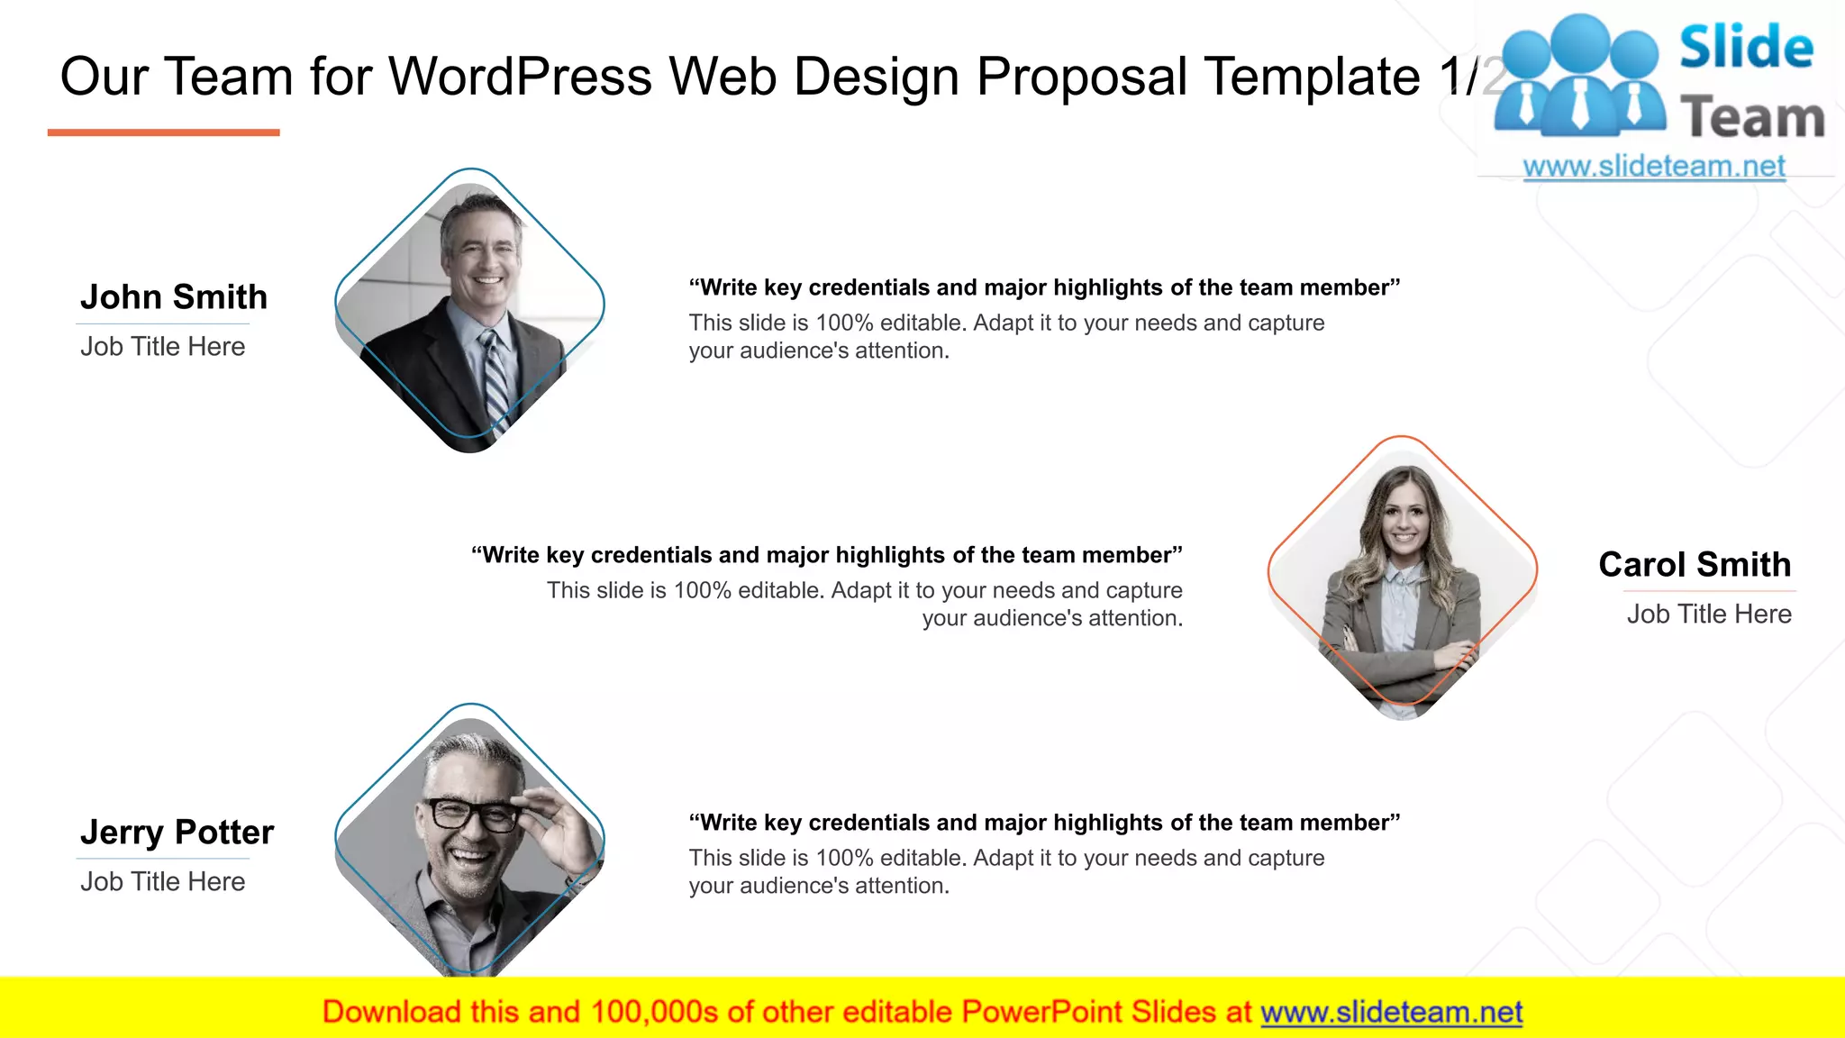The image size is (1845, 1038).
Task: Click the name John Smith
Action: click(174, 297)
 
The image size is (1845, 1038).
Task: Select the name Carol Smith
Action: click(1695, 565)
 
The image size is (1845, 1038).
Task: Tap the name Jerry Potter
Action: click(177, 833)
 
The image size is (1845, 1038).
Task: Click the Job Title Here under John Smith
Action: click(162, 347)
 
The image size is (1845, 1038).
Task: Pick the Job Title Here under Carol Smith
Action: click(1709, 615)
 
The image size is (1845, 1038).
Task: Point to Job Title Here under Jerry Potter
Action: click(162, 882)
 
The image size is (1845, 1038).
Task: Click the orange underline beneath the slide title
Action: click(163, 132)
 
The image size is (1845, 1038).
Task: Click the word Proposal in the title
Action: click(1082, 77)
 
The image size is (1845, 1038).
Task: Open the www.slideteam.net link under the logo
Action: click(1654, 167)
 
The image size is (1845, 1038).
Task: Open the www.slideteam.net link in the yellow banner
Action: click(1391, 1013)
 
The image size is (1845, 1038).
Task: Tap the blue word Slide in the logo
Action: click(1746, 48)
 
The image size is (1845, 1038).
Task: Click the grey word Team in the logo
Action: click(1752, 118)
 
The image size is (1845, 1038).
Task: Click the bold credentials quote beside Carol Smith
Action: click(826, 555)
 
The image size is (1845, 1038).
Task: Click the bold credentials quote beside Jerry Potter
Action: click(1044, 823)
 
